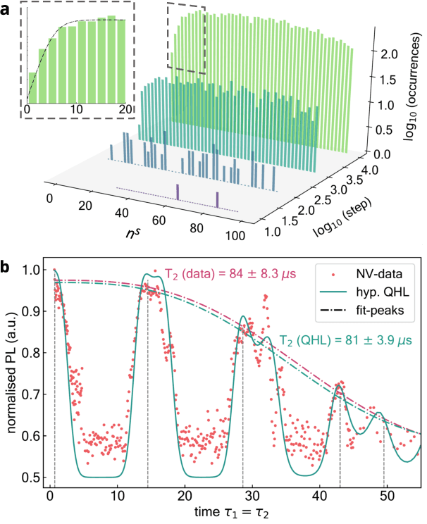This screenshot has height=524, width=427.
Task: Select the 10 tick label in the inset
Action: pos(76,108)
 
